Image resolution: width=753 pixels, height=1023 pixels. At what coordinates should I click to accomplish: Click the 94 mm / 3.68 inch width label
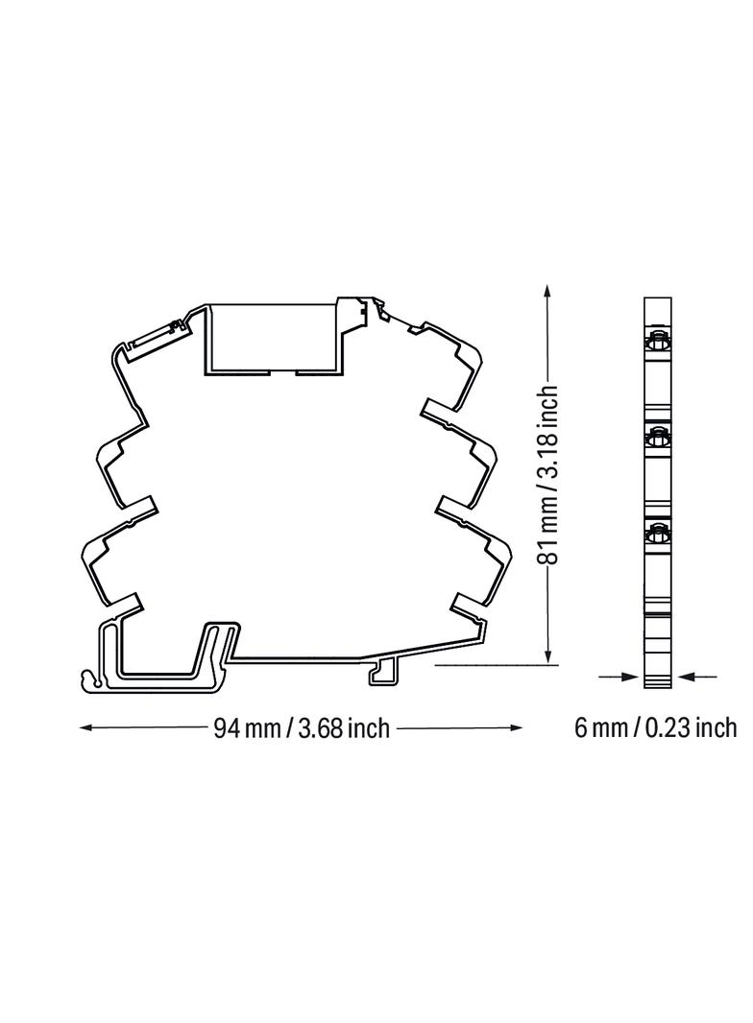pyautogui.click(x=302, y=728)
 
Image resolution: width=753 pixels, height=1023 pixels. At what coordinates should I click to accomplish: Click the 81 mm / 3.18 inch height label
pyautogui.click(x=547, y=475)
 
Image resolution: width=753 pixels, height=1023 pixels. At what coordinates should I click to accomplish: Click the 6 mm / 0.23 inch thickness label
pyautogui.click(x=655, y=727)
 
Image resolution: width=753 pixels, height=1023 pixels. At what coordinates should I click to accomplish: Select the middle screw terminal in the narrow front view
pyautogui.click(x=658, y=439)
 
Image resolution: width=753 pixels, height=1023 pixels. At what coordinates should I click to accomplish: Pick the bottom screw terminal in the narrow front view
pyautogui.click(x=658, y=533)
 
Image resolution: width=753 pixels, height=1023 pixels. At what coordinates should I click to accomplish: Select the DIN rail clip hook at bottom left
pyautogui.click(x=94, y=680)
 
